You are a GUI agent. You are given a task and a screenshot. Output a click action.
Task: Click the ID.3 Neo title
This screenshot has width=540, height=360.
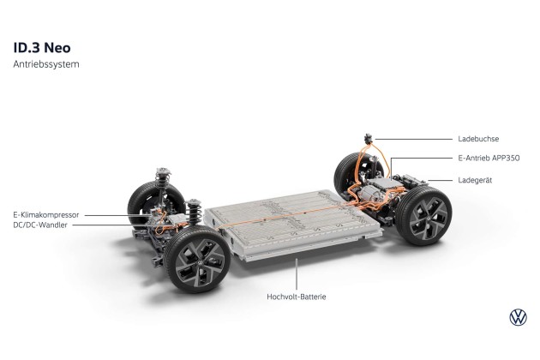point(42,48)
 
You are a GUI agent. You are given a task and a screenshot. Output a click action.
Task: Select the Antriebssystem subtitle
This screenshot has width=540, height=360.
point(46,64)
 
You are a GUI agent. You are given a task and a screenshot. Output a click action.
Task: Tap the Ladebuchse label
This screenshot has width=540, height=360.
point(478,139)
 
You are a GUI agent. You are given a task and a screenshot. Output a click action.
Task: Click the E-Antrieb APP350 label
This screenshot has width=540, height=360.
point(489,158)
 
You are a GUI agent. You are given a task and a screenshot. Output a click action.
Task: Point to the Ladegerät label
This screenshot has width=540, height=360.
point(475,180)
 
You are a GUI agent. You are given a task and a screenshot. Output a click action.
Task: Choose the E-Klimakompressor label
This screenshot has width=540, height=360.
point(46,215)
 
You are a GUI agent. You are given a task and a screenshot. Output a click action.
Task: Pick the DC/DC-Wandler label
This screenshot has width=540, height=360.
point(40,225)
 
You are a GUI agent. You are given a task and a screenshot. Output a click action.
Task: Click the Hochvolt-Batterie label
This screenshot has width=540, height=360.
point(297,297)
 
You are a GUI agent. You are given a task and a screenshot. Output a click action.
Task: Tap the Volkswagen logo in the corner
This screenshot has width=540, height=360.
point(518,317)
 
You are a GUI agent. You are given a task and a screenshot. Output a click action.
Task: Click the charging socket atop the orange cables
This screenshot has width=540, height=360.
point(369,139)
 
